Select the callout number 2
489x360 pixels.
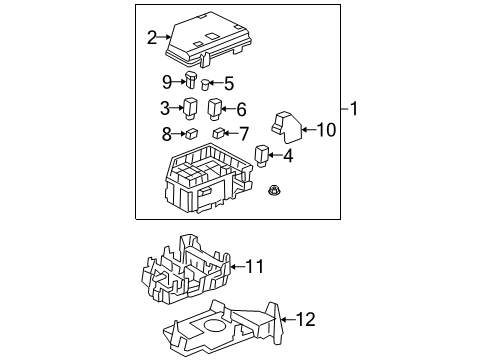(x=151, y=38)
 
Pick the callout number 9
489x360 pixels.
(x=167, y=81)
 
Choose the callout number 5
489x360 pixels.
(x=228, y=84)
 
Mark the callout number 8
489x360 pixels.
(x=166, y=132)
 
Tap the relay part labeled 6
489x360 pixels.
(x=214, y=108)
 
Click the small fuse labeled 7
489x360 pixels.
(x=218, y=132)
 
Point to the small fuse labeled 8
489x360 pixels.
(x=190, y=132)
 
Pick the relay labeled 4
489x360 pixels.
(x=262, y=154)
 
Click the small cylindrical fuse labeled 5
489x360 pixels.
(x=206, y=84)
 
